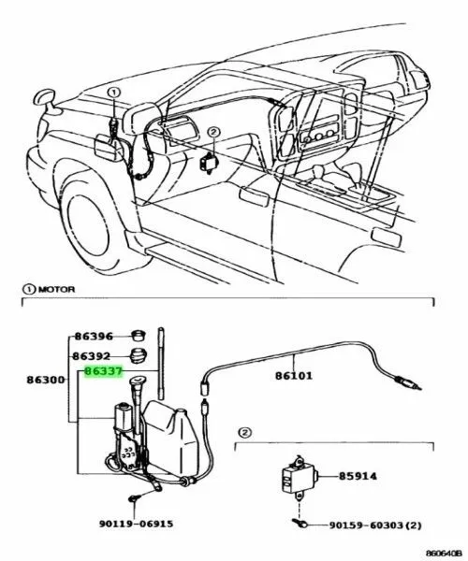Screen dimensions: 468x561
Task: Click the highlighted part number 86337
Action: [x=104, y=372]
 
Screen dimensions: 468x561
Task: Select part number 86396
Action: [x=94, y=337]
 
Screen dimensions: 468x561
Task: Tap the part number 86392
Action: [x=92, y=356]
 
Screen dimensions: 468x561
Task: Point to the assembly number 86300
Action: [x=46, y=380]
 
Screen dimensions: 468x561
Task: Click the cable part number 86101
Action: [x=294, y=376]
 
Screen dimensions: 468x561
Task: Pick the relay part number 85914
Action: [x=358, y=476]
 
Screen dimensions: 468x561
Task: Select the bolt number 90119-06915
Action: [x=136, y=524]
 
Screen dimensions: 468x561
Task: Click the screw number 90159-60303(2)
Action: [x=375, y=525]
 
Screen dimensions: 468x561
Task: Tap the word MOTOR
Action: [x=56, y=289]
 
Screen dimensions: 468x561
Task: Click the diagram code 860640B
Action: [x=446, y=554]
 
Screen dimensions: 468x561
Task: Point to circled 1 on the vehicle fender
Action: [x=114, y=93]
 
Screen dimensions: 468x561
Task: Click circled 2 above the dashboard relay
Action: [x=213, y=133]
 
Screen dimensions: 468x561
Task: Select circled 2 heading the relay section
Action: [x=244, y=433]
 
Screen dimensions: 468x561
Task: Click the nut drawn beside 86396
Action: [x=138, y=336]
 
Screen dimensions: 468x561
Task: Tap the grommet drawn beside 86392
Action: [x=138, y=355]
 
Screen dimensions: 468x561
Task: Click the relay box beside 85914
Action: [x=298, y=477]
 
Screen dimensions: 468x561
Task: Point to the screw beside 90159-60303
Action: [x=300, y=523]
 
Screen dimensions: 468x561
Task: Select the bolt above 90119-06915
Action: [x=134, y=498]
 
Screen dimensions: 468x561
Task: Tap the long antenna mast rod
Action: [x=160, y=364]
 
